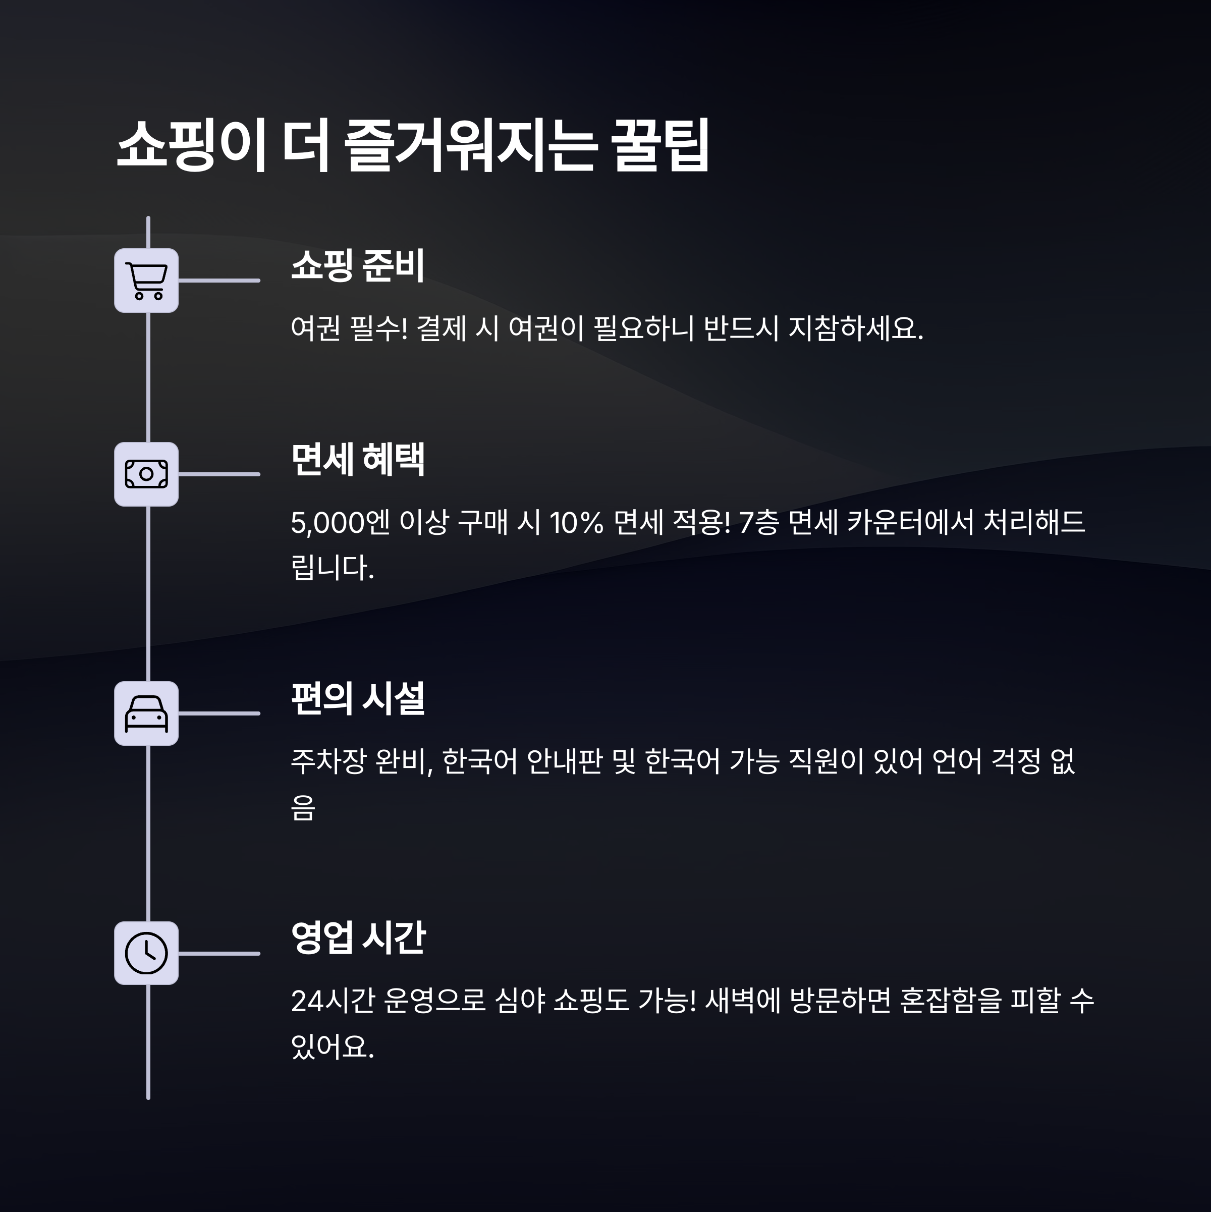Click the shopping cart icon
(x=146, y=281)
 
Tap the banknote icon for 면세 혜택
(x=146, y=474)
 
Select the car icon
(x=146, y=713)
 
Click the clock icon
(x=146, y=953)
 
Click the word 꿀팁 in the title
(x=659, y=145)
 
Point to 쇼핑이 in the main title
(x=191, y=145)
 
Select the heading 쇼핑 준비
(x=358, y=265)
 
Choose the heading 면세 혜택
(x=358, y=459)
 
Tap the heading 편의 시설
(x=358, y=698)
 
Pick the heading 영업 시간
(x=358, y=938)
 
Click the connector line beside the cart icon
(x=219, y=281)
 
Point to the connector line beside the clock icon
(x=219, y=953)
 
